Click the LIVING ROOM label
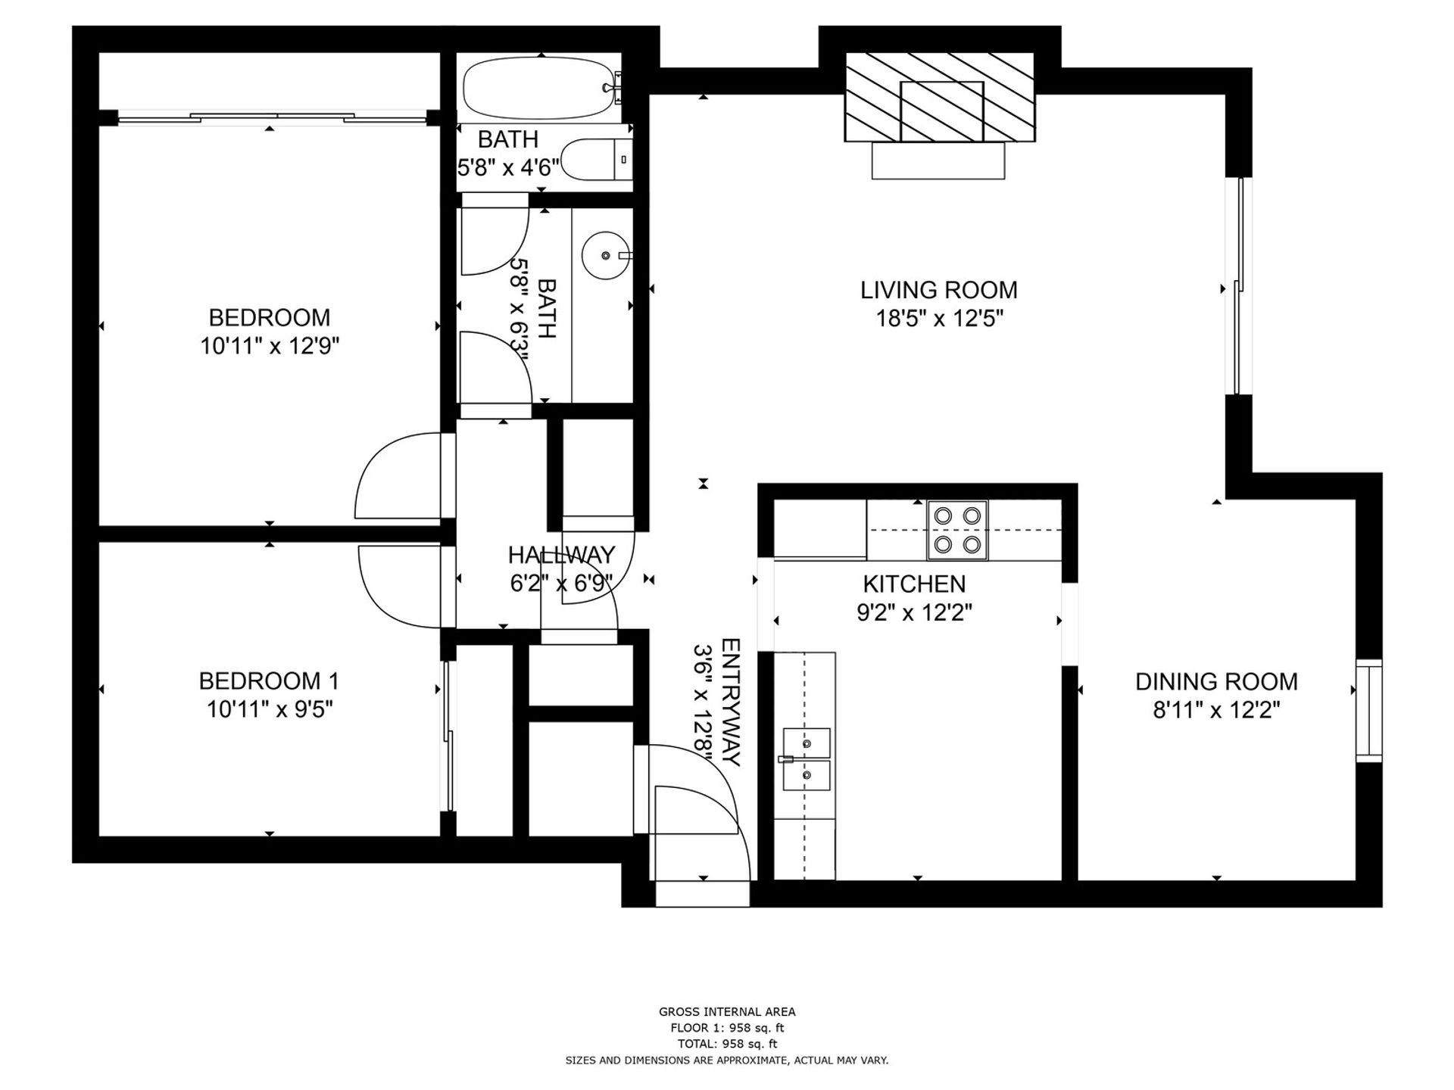[938, 290]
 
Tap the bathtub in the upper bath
[541, 89]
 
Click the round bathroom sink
[606, 255]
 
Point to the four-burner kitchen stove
[958, 530]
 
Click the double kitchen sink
[807, 759]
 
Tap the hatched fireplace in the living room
[940, 97]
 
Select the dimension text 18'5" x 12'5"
[939, 319]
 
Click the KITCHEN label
[914, 584]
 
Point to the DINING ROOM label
[1216, 681]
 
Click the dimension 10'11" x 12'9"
[270, 346]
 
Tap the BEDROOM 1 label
[269, 680]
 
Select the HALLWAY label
[561, 555]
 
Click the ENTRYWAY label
[731, 702]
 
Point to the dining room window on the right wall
[1368, 710]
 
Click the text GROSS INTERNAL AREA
[727, 1011]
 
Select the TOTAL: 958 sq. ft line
[727, 1044]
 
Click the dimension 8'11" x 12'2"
[1216, 711]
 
